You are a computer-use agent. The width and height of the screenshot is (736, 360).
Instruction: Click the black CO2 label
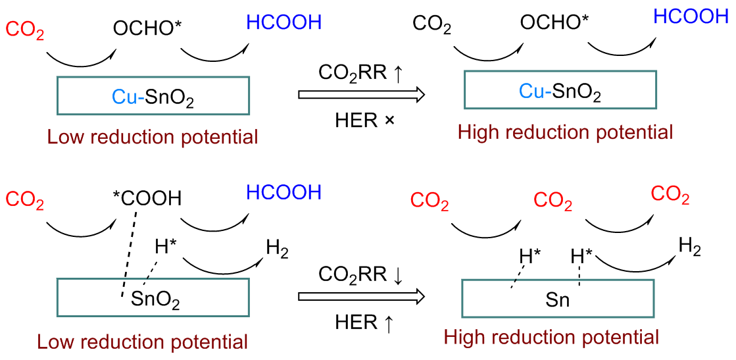pyautogui.click(x=431, y=25)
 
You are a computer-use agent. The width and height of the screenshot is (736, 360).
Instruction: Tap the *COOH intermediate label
pyautogui.click(x=146, y=198)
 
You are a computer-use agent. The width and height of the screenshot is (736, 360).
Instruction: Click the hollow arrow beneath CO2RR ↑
pyautogui.click(x=361, y=95)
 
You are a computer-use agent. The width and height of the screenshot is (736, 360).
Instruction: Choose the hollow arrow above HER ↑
pyautogui.click(x=361, y=297)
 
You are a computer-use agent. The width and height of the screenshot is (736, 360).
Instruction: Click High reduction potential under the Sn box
pyautogui.click(x=551, y=338)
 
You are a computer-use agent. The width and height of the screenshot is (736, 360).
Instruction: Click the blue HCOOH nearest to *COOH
pyautogui.click(x=283, y=193)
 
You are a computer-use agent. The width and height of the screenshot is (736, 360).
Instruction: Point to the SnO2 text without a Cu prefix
pyautogui.click(x=156, y=300)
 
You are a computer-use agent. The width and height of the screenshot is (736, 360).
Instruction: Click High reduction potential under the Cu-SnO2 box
pyautogui.click(x=566, y=132)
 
